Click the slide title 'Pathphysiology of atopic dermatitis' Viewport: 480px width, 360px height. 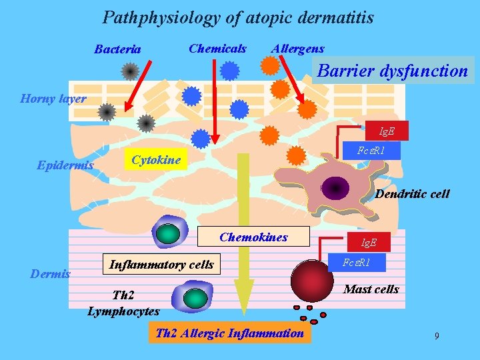238,18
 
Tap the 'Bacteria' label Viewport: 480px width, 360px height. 117,49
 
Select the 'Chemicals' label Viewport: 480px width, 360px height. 217,49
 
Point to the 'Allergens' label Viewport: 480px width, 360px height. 297,49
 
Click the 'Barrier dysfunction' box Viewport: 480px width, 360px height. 393,71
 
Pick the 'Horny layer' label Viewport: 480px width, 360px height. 53,99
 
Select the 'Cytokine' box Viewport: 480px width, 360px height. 156,160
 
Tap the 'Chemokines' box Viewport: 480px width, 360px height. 254,237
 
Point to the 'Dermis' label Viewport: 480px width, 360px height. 51,274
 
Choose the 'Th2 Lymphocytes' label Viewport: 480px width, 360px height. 124,304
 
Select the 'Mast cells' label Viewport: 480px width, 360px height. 371,289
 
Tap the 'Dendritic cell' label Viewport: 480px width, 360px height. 412,195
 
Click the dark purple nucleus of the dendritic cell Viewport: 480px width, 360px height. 335,189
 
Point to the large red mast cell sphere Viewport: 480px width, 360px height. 312,276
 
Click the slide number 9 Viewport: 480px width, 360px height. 437,336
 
